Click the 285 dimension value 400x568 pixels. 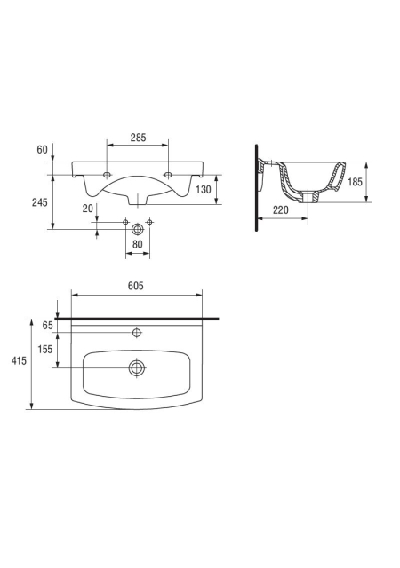tap(138, 138)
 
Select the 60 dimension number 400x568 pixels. tap(42, 150)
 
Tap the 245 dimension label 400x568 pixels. tap(40, 202)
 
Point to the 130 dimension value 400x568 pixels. tap(204, 189)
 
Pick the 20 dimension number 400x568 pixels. tap(88, 209)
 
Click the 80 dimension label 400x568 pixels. tap(138, 245)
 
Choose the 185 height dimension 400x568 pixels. tap(355, 182)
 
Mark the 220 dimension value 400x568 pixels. tap(281, 209)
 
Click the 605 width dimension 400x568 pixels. tap(136, 286)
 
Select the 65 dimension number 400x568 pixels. tap(47, 326)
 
